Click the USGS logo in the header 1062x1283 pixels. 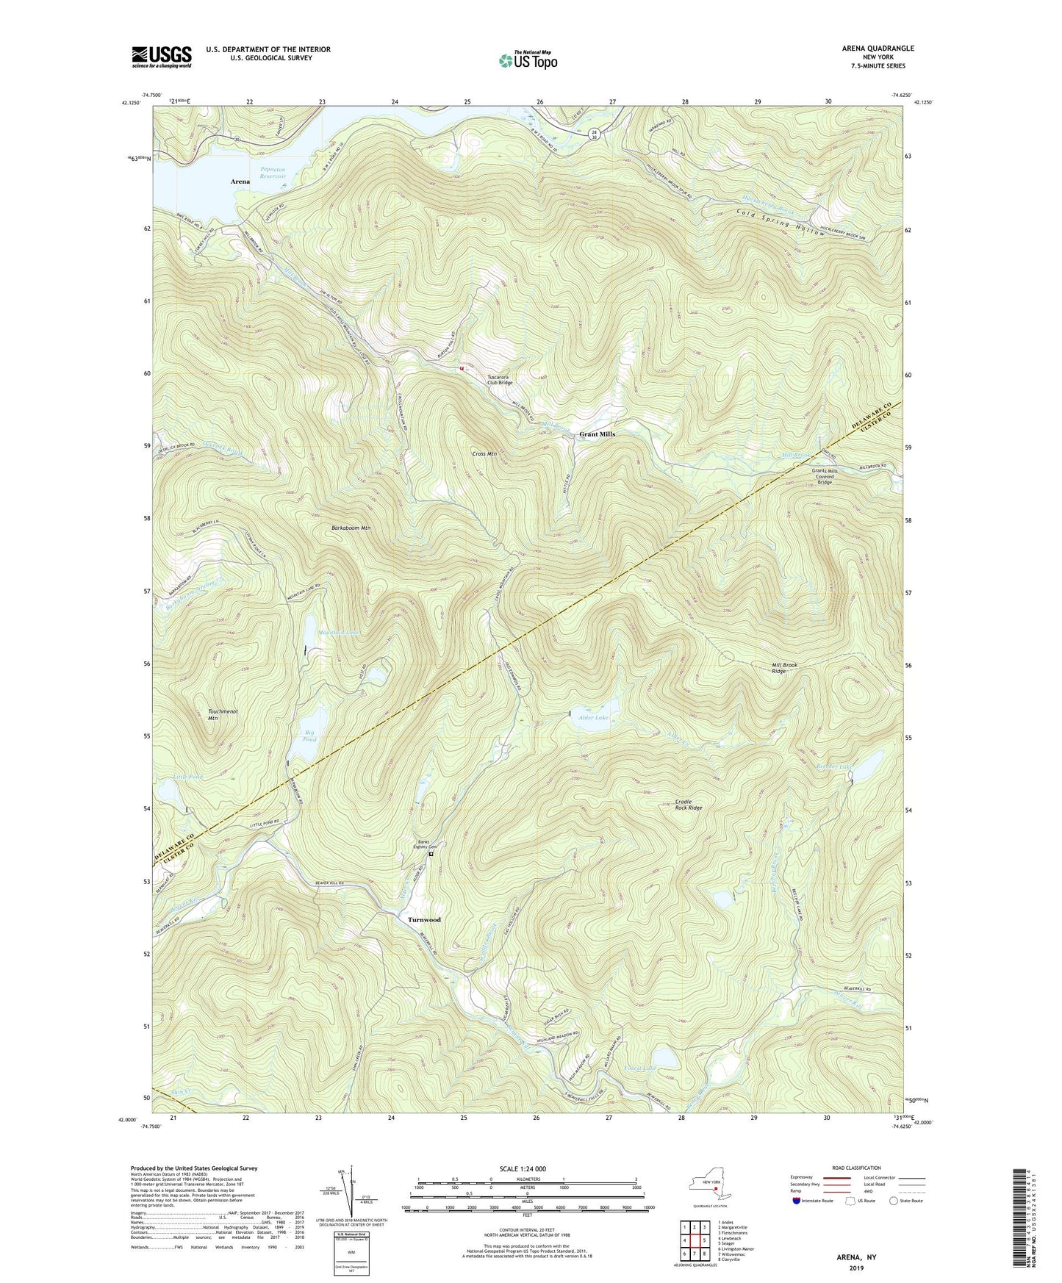pyautogui.click(x=162, y=56)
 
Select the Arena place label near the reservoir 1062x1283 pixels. pyautogui.click(x=240, y=182)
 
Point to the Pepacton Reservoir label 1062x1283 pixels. pyautogui.click(x=273, y=173)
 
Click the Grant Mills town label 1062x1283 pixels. pyautogui.click(x=597, y=434)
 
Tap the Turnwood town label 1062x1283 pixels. pyautogui.click(x=424, y=920)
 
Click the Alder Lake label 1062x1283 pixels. pyautogui.click(x=593, y=717)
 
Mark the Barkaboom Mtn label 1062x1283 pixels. pyautogui.click(x=351, y=528)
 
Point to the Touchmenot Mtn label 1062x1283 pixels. pyautogui.click(x=223, y=715)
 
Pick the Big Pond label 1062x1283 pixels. pyautogui.click(x=310, y=736)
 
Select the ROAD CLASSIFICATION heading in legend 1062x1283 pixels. pyautogui.click(x=856, y=1168)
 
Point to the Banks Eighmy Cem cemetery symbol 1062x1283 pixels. pyautogui.click(x=431, y=855)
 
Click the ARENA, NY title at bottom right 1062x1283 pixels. pyautogui.click(x=856, y=1257)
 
